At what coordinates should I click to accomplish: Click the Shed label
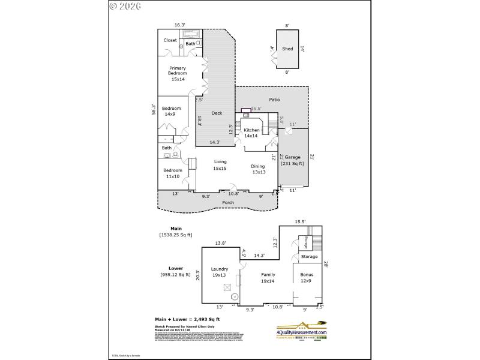[288, 49]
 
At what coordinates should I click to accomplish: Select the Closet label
[170, 40]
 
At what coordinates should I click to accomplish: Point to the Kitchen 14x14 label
[251, 133]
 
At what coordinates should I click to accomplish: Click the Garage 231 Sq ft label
[293, 160]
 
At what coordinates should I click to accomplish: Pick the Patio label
[274, 100]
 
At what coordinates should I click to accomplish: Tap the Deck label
[218, 113]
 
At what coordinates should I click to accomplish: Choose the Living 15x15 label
[221, 165]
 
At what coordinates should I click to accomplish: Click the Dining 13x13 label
[259, 169]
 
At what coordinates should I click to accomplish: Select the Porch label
[228, 203]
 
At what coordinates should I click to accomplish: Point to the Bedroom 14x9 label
[172, 111]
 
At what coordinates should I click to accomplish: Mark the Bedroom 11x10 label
[173, 173]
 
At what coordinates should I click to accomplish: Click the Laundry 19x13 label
[220, 272]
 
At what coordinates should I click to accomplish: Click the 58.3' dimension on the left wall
[154, 110]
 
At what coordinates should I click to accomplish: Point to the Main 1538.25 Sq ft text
[176, 232]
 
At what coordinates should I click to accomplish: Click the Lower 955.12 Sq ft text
[175, 272]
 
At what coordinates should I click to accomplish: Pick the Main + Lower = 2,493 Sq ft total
[188, 319]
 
